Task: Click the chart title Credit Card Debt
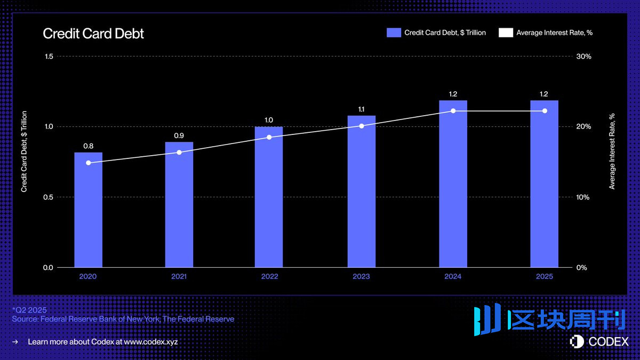click(x=93, y=34)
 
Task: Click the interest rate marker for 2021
click(x=179, y=153)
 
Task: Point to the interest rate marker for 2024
click(x=453, y=111)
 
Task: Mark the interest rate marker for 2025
click(x=545, y=111)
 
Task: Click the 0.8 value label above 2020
click(x=88, y=146)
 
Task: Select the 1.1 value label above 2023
click(x=362, y=109)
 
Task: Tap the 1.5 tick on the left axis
click(x=48, y=57)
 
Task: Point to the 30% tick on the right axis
click(x=584, y=57)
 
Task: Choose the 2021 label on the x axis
click(x=179, y=277)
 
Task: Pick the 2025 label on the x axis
click(x=545, y=277)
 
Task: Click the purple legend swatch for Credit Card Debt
click(x=394, y=33)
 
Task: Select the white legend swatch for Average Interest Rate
click(x=506, y=33)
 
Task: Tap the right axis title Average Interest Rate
click(x=612, y=151)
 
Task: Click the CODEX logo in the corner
click(x=599, y=341)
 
